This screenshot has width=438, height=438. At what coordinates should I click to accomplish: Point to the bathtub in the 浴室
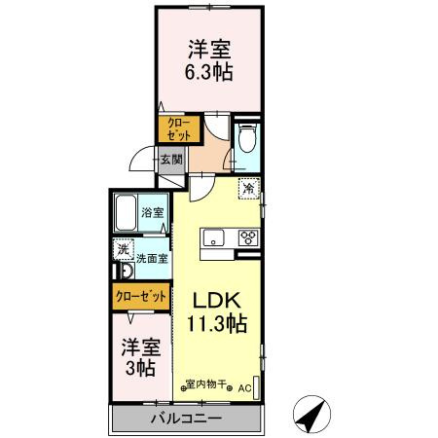click(126, 211)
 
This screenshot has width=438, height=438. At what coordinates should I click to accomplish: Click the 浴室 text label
click(152, 212)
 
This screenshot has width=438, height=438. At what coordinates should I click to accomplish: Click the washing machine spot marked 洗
click(123, 250)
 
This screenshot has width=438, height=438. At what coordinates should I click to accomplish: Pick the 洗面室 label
click(151, 259)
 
